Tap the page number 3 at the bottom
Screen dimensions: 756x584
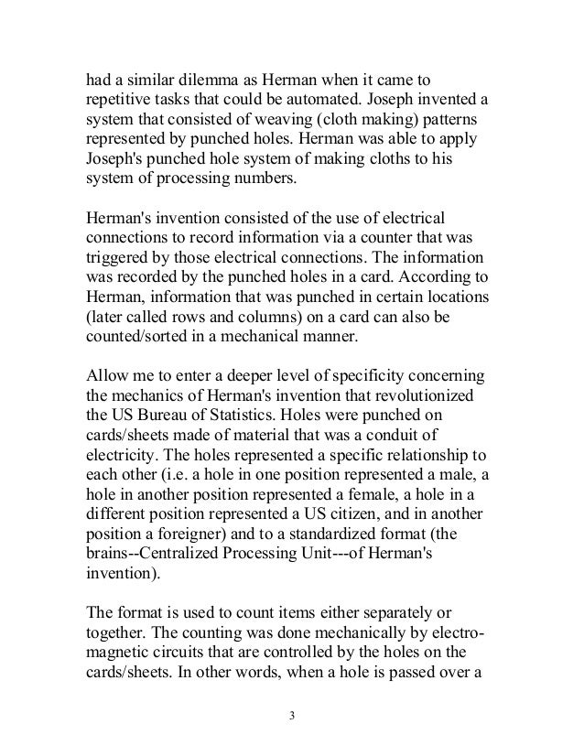(292, 715)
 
